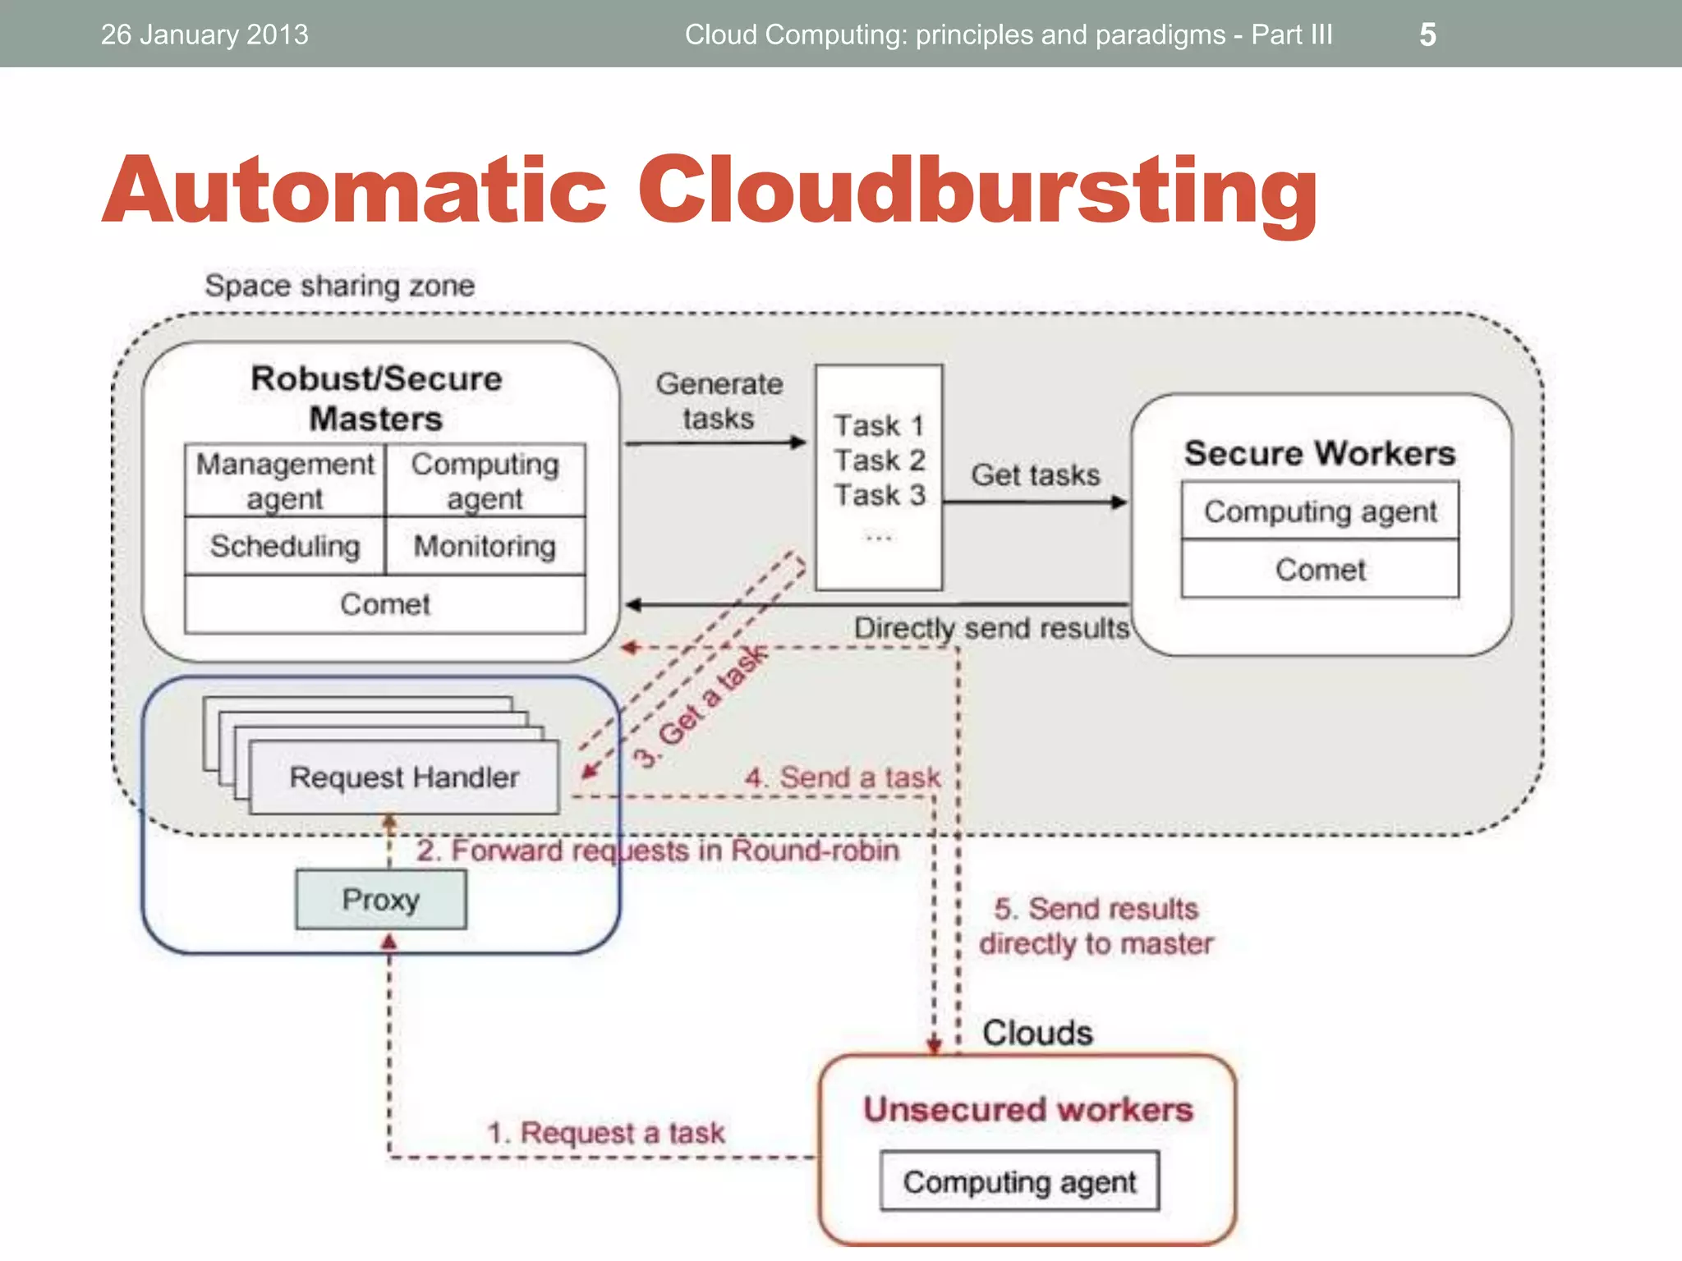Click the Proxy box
pyautogui.click(x=381, y=900)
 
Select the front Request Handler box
pyautogui.click(x=404, y=777)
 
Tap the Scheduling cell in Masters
pyautogui.click(x=285, y=546)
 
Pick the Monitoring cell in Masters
pyautogui.click(x=485, y=546)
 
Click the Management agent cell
pyautogui.click(x=285, y=481)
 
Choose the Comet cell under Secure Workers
pyautogui.click(x=1320, y=569)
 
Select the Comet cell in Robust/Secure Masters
pyautogui.click(x=385, y=604)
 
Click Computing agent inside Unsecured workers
pyautogui.click(x=1019, y=1181)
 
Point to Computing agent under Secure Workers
pyautogui.click(x=1320, y=511)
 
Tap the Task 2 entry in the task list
pyautogui.click(x=880, y=461)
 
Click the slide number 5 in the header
pyautogui.click(x=1427, y=34)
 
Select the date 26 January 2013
pyautogui.click(x=205, y=34)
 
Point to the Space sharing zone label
pyautogui.click(x=339, y=286)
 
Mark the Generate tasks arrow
pyautogui.click(x=715, y=442)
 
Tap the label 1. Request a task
pyautogui.click(x=606, y=1133)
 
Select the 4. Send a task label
pyautogui.click(x=843, y=777)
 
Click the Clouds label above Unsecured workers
pyautogui.click(x=1037, y=1033)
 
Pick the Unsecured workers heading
pyautogui.click(x=1027, y=1110)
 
